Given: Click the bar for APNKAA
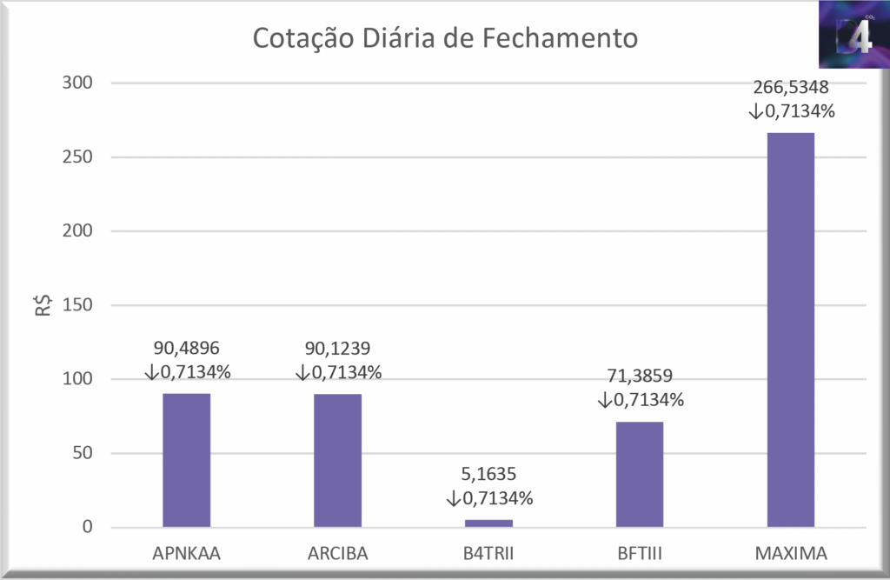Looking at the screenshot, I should click(x=186, y=460).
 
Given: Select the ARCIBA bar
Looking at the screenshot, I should click(x=337, y=460).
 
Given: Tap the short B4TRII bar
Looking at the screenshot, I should click(x=488, y=523).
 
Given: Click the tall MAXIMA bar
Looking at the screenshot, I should click(x=791, y=330).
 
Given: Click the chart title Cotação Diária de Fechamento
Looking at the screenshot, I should click(x=444, y=38).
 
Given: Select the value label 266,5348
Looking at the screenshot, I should click(x=791, y=88).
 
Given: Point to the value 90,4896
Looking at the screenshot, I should click(x=186, y=349).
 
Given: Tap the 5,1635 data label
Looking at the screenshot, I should click(x=488, y=476).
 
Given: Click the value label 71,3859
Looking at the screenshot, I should click(x=640, y=377).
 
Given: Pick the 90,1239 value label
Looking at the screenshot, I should click(x=337, y=349).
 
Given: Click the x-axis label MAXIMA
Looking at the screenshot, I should click(x=791, y=554).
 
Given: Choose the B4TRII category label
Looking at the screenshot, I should click(x=488, y=554).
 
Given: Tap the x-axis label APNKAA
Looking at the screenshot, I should click(x=186, y=554).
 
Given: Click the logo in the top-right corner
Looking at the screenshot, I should click(x=853, y=35).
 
